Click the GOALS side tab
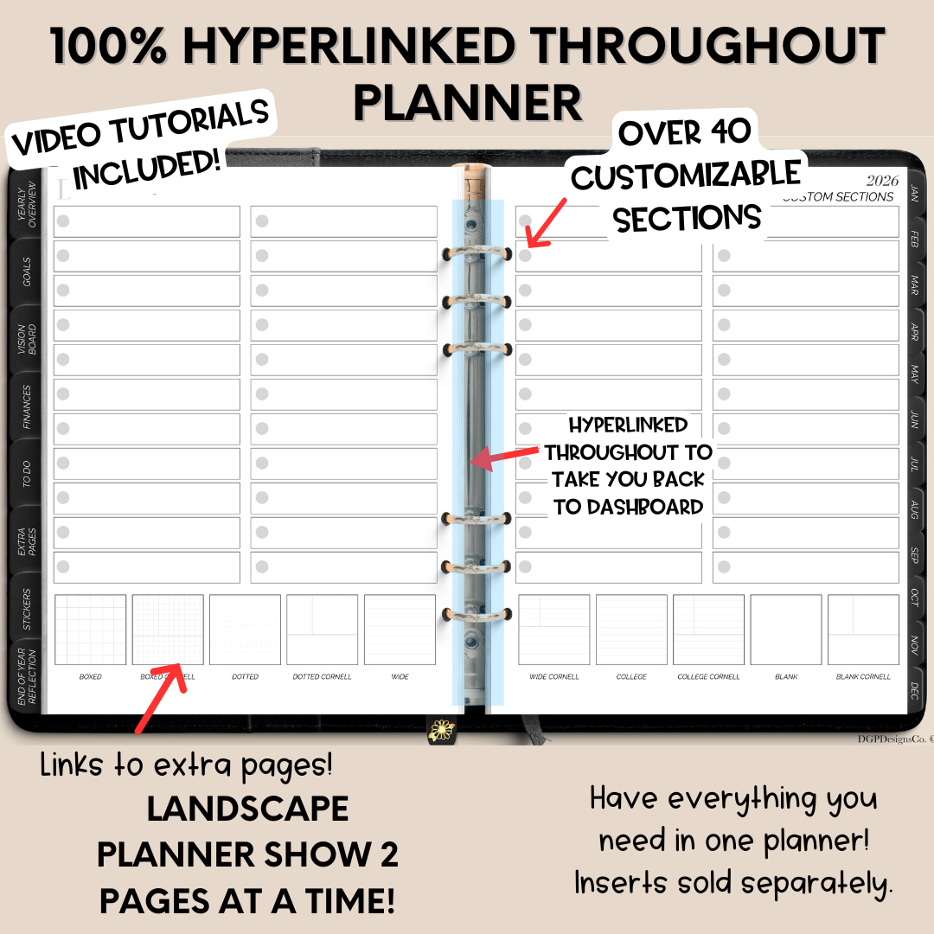[x=26, y=272]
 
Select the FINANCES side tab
[x=26, y=407]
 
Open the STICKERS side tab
[x=26, y=610]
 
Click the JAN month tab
[x=914, y=192]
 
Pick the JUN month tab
[x=914, y=420]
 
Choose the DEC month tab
[x=914, y=690]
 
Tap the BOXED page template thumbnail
[x=90, y=630]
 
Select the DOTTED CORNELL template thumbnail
[x=322, y=630]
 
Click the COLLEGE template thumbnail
[x=631, y=630]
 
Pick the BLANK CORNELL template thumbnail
[x=863, y=630]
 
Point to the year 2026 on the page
[x=882, y=181]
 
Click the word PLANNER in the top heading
[x=467, y=102]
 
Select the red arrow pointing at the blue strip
[x=505, y=456]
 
